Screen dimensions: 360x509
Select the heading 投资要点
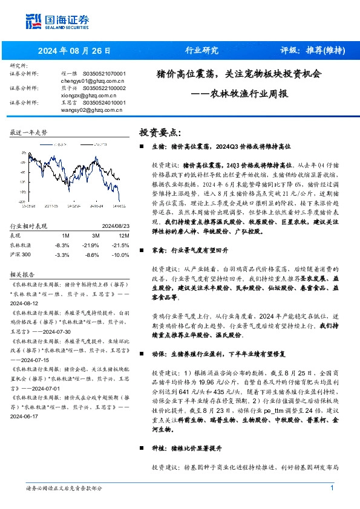[x=160, y=132]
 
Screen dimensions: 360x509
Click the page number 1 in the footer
[x=332, y=488]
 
